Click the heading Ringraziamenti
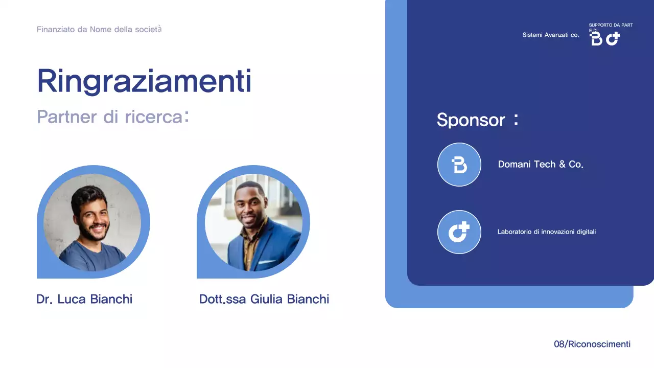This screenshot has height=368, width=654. tap(144, 81)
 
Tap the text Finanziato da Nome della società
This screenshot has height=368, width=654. tap(99, 29)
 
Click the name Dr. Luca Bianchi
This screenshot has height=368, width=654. tap(84, 299)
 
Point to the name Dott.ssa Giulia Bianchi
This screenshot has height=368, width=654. tap(264, 299)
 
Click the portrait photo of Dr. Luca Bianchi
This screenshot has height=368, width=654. tap(92, 222)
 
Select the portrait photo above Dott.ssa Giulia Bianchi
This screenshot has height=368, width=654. tap(253, 222)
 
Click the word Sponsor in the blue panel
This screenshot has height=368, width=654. tap(471, 120)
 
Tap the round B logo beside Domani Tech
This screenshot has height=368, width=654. tap(459, 165)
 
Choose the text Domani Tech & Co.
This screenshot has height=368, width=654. tap(541, 165)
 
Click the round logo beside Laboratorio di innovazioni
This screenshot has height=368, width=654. tap(459, 232)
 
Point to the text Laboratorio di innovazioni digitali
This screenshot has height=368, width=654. tap(547, 232)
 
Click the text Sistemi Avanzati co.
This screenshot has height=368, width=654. tap(551, 35)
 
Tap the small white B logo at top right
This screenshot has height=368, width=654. tap(596, 39)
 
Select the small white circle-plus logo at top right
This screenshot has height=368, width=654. tap(613, 38)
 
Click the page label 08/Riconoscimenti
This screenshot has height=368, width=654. tap(592, 344)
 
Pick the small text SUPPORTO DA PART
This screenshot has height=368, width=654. tap(611, 25)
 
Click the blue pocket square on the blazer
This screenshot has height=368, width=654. tap(266, 262)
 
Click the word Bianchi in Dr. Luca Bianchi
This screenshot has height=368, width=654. tap(111, 299)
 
